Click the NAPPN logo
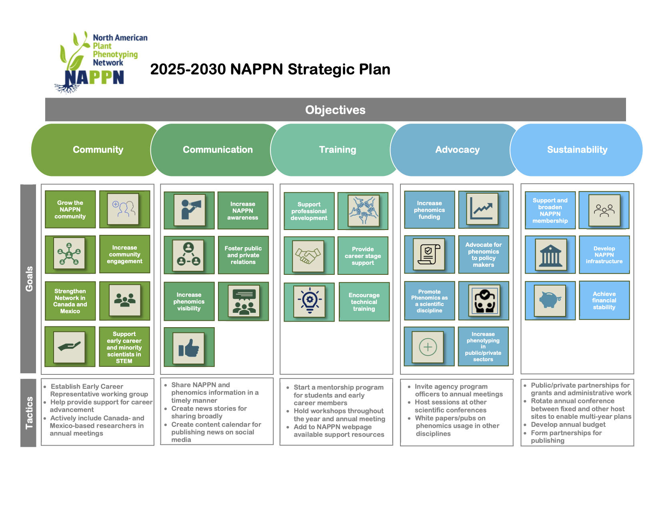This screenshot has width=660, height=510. click(x=100, y=62)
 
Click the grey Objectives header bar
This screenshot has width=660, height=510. click(x=335, y=110)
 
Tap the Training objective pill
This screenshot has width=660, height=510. click(x=337, y=150)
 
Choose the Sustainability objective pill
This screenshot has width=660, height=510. click(x=577, y=150)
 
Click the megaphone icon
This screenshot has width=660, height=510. click(x=190, y=210)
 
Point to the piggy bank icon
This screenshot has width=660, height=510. click(x=550, y=300)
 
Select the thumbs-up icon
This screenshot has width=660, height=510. click(x=189, y=347)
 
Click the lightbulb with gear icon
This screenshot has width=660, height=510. click(x=310, y=301)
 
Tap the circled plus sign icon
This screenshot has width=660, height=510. click(x=428, y=347)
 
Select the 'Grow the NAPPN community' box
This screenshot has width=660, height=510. click(x=70, y=210)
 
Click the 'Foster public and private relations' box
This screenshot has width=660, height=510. click(x=243, y=255)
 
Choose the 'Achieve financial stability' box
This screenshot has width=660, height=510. click(x=604, y=300)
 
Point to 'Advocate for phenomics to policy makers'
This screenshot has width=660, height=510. click(x=483, y=254)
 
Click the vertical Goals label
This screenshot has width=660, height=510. click(x=28, y=278)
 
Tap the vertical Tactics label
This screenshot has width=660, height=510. click(x=28, y=413)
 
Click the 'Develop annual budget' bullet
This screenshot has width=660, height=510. click(x=568, y=424)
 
